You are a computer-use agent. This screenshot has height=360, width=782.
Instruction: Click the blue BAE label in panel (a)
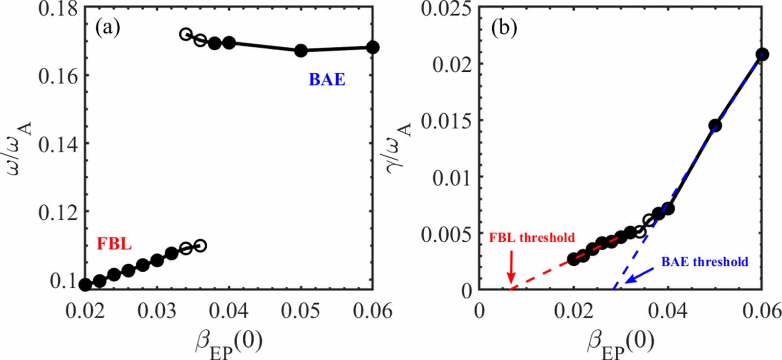click(x=327, y=79)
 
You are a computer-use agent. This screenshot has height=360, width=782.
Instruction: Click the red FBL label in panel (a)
click(x=114, y=243)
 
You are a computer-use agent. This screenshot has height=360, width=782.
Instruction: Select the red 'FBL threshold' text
click(x=532, y=238)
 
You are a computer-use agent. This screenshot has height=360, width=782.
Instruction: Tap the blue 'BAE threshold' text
click(x=704, y=262)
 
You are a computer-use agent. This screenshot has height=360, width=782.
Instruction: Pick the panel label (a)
click(x=108, y=28)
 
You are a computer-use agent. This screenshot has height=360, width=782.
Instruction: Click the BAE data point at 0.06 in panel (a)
click(x=372, y=47)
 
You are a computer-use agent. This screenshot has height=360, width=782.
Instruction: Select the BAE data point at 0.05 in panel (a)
click(x=301, y=50)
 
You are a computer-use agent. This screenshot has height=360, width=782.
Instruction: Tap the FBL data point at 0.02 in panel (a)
click(x=85, y=285)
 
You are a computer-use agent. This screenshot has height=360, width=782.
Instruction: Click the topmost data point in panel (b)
click(x=762, y=54)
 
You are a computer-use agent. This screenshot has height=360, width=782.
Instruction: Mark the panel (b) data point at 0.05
click(x=715, y=126)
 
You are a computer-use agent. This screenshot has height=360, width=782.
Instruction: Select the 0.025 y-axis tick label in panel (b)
click(x=447, y=9)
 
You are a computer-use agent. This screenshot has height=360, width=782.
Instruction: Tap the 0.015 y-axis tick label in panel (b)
click(x=447, y=121)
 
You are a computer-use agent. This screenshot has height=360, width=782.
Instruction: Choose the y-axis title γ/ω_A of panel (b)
click(x=398, y=147)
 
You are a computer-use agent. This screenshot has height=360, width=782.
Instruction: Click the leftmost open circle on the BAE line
click(x=186, y=34)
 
